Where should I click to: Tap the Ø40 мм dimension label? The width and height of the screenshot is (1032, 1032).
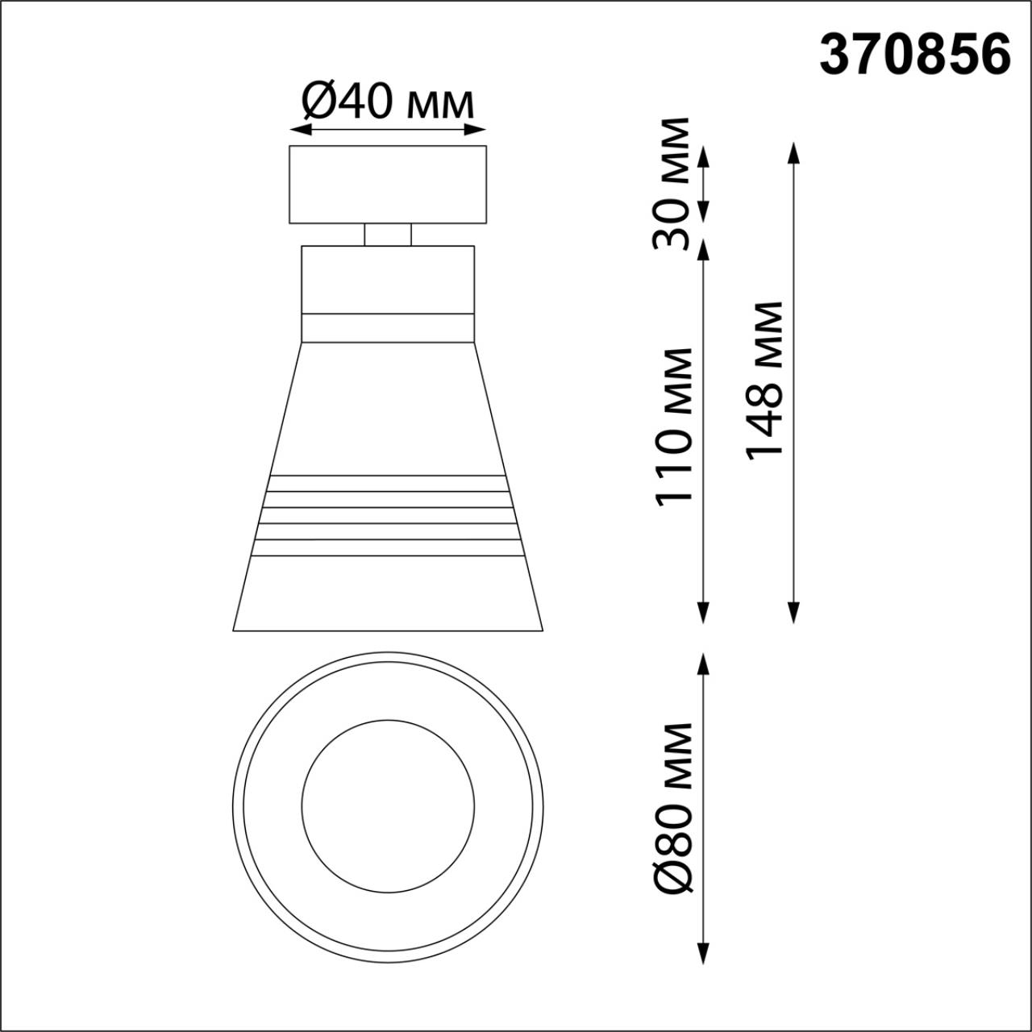tap(388, 102)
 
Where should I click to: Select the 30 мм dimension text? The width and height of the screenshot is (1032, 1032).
tap(672, 183)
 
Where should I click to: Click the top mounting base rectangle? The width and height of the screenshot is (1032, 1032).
tap(388, 184)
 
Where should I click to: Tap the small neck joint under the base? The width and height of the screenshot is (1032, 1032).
tap(388, 235)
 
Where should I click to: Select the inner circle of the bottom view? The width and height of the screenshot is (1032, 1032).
tap(388, 805)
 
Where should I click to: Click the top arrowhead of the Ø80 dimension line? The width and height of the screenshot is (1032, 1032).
tap(703, 660)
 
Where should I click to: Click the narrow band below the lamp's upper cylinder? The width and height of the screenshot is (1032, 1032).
tap(388, 327)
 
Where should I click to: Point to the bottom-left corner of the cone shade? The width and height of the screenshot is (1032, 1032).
tap(234, 630)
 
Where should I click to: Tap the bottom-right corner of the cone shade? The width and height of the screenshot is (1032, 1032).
tap(542, 630)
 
